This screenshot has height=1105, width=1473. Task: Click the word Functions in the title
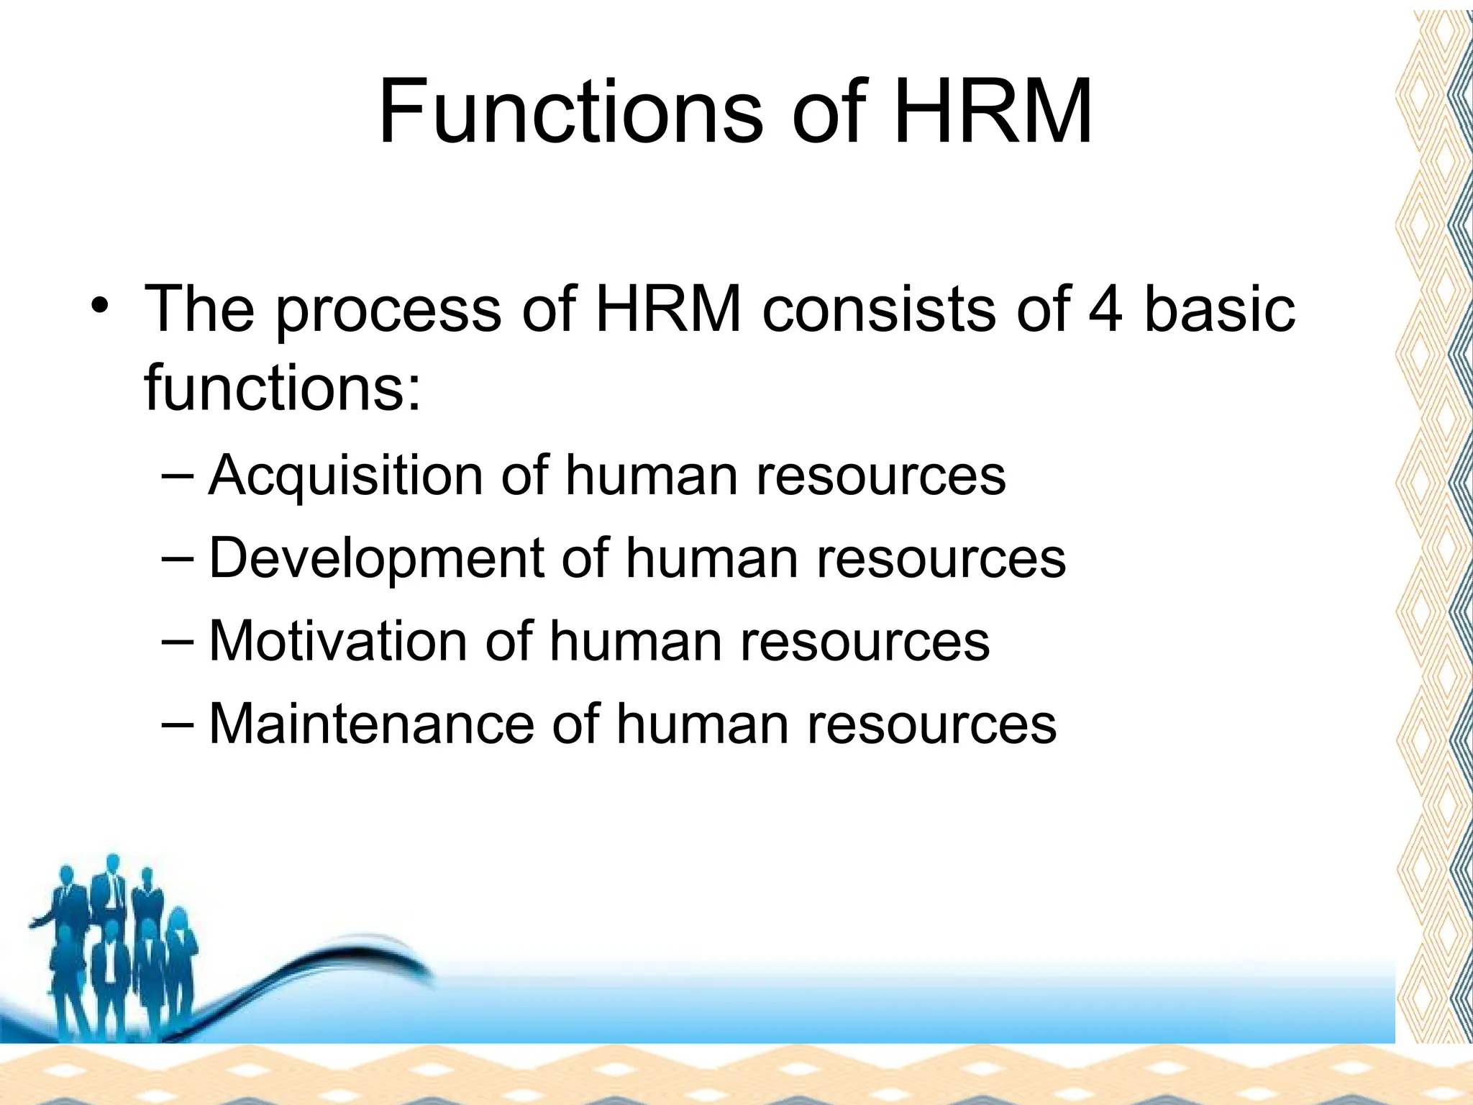[570, 113]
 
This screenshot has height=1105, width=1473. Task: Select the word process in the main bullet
[388, 311]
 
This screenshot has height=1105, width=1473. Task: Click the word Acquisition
[345, 476]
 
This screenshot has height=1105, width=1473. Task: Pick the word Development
[375, 559]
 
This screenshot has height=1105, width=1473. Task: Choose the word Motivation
[337, 641]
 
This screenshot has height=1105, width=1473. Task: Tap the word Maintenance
[371, 724]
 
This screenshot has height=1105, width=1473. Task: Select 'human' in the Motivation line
[635, 641]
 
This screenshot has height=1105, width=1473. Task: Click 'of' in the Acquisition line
[524, 476]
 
